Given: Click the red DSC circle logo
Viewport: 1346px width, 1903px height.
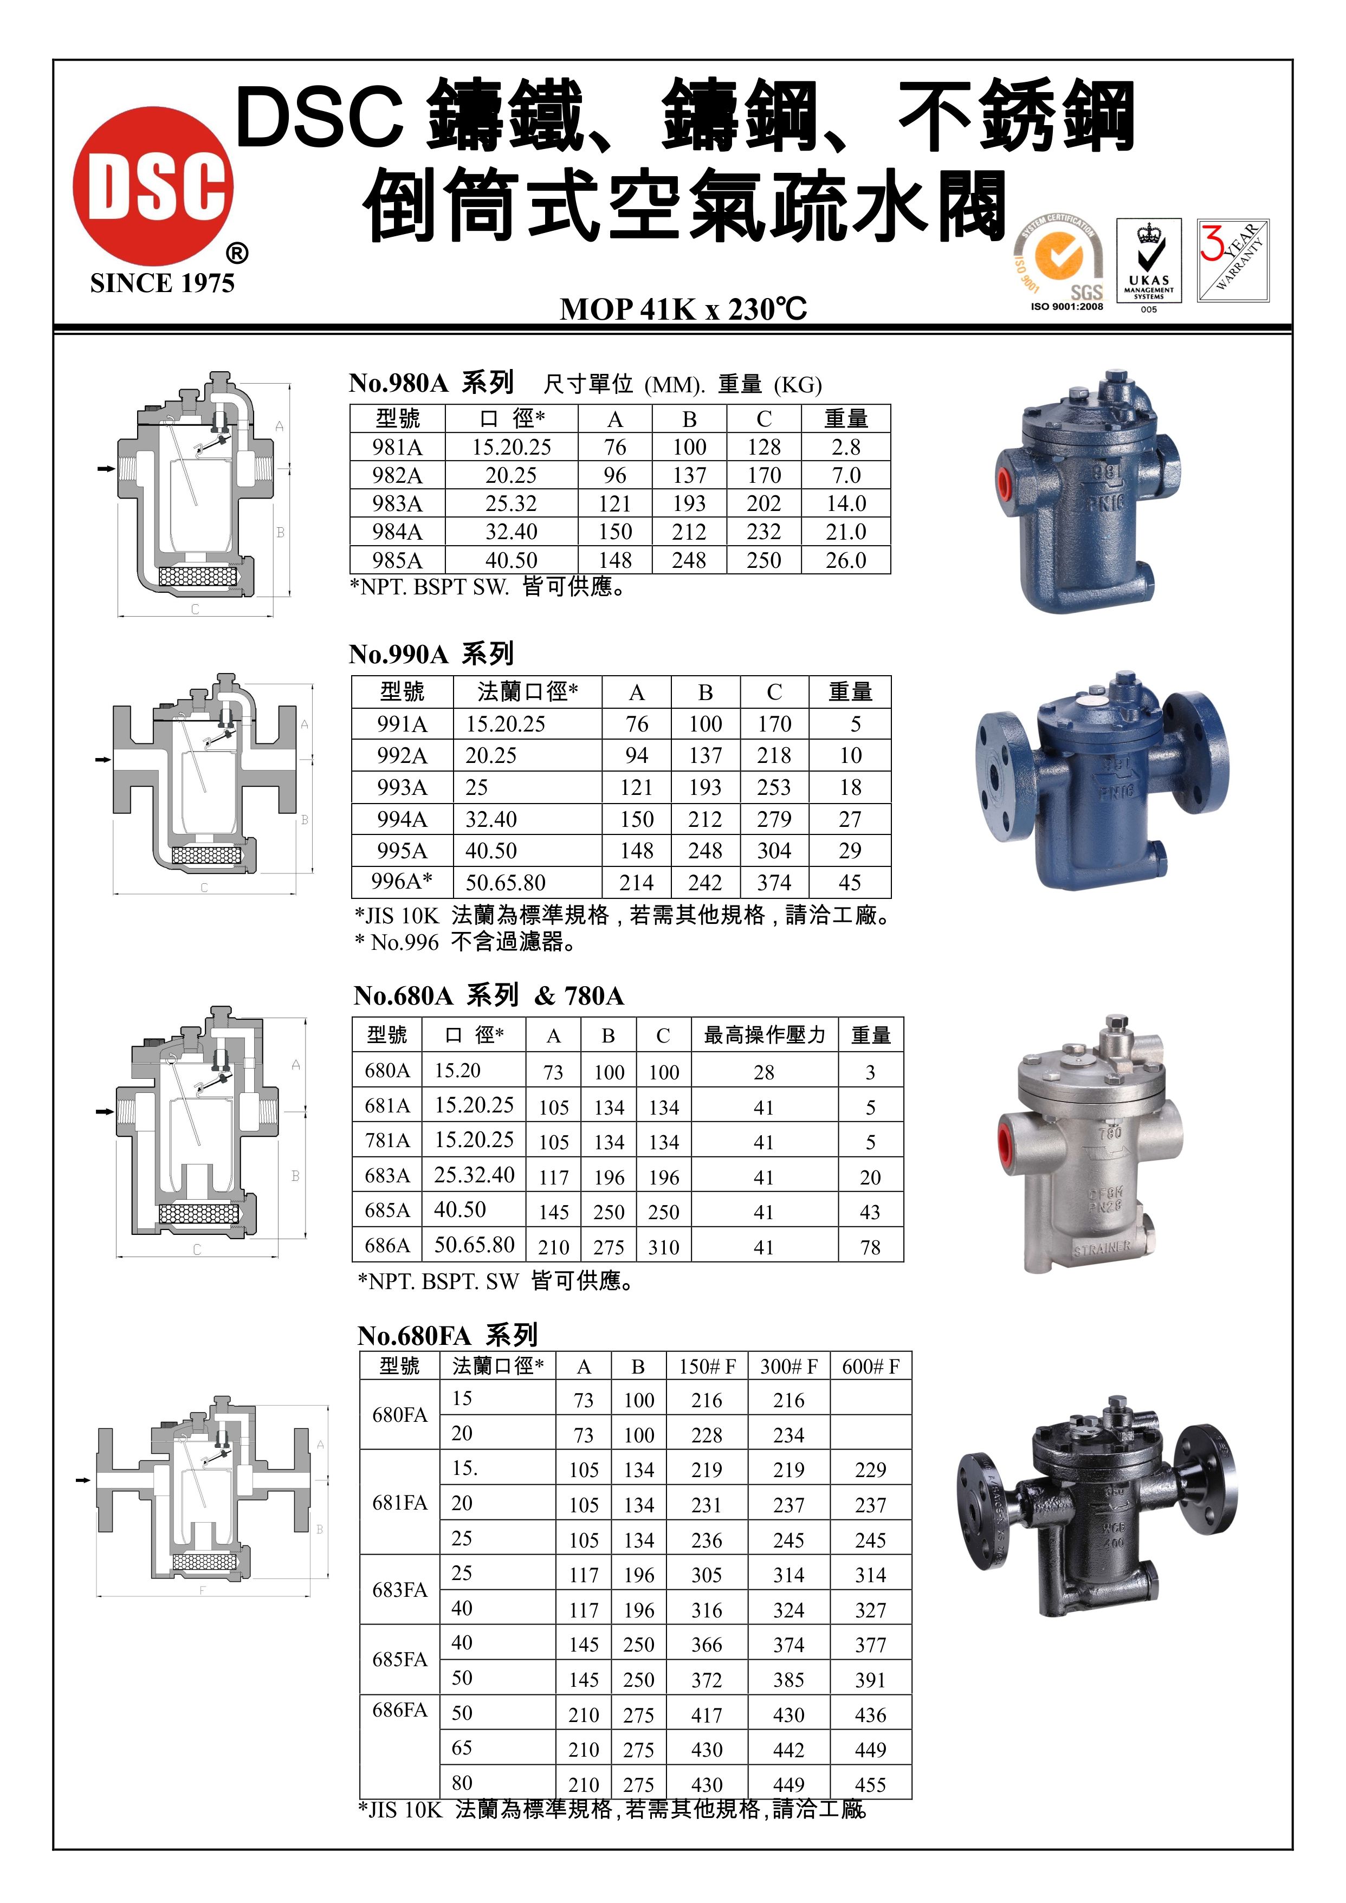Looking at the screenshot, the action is (153, 186).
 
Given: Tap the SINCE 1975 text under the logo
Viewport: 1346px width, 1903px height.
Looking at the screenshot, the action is (163, 283).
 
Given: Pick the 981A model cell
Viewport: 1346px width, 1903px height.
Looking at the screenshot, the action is (398, 448).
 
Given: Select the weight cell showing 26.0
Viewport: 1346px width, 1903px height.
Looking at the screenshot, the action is (845, 560).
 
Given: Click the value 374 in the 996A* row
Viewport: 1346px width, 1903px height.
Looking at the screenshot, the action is (774, 883).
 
